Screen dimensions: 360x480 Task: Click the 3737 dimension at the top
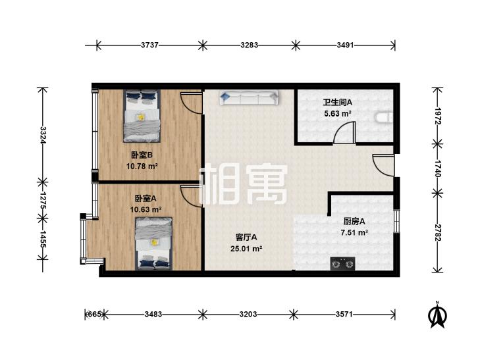coord(149,45)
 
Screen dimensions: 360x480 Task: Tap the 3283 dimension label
coord(248,45)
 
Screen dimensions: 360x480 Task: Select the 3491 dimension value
coord(345,45)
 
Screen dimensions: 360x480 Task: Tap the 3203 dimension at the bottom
coord(248,315)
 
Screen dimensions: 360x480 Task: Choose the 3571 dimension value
coord(345,315)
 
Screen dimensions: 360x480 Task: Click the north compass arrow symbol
coord(435,315)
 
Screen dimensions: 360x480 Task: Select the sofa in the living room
coord(249,97)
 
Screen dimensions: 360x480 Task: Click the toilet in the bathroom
coord(383,118)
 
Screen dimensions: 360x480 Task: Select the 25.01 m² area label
coord(249,249)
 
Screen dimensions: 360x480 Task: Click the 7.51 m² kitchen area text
coord(354,232)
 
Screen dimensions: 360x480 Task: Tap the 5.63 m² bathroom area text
coord(337,113)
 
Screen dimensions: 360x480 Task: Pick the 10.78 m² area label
coord(142,167)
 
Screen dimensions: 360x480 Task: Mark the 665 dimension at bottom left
coord(94,315)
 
